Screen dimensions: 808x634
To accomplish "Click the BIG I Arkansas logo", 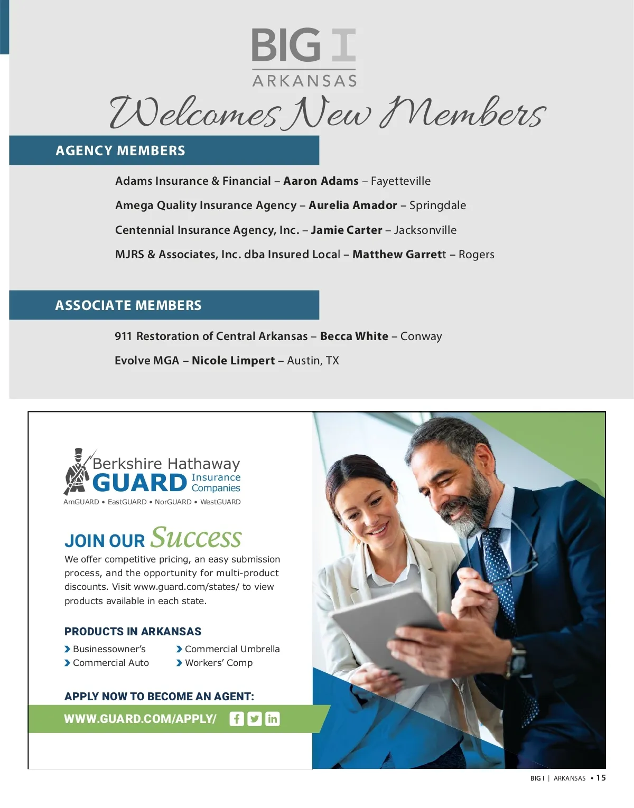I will [x=304, y=57].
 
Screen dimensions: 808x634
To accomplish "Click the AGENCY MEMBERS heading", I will [x=120, y=151].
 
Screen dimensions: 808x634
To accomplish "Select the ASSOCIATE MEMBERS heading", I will [x=128, y=305].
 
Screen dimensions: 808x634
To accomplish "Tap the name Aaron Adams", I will [x=321, y=181].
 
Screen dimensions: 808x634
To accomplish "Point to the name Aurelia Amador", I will [x=353, y=205].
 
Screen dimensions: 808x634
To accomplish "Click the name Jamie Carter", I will [x=347, y=230].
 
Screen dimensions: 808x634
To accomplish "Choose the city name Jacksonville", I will [x=425, y=230].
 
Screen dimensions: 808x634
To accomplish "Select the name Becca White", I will [x=354, y=336].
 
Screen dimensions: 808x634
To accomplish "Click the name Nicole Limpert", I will [x=233, y=361].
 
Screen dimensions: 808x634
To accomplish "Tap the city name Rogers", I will [x=476, y=255].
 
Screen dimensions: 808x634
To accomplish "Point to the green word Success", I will [x=196, y=538].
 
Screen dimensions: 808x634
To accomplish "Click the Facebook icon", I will [x=237, y=719].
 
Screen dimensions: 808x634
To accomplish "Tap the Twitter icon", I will [x=255, y=719].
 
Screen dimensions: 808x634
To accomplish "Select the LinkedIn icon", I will [x=273, y=719].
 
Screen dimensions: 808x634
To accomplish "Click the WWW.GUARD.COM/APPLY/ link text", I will [x=140, y=719].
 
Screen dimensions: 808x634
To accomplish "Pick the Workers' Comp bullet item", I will [x=218, y=663].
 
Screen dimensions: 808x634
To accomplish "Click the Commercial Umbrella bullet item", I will [x=232, y=649].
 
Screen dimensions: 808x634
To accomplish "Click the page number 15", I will [x=601, y=778].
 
